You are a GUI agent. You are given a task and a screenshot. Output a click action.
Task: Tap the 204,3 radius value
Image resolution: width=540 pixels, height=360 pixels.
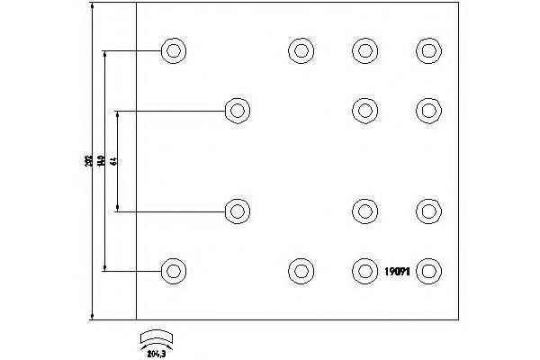pos(157,352)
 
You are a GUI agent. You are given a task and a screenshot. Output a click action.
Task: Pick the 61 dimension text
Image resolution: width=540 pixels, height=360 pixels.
pos(113,161)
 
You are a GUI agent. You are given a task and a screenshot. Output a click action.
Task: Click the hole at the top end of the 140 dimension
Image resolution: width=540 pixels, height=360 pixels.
pos(173,50)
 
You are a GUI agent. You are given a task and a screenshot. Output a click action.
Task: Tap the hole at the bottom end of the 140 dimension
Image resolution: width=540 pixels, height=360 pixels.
pos(173,269)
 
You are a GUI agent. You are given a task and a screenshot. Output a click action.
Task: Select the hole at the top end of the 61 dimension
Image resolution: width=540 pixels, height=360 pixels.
pos(237,111)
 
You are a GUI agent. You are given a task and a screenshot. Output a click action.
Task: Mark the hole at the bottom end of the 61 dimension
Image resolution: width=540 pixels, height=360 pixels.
pos(237,211)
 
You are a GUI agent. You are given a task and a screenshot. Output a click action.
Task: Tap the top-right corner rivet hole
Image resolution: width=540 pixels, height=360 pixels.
pos(429,50)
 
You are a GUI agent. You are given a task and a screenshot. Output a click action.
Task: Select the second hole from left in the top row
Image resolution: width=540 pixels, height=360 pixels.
pos(300,50)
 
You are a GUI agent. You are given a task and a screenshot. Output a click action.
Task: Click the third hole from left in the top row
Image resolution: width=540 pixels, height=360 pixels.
pos(364,50)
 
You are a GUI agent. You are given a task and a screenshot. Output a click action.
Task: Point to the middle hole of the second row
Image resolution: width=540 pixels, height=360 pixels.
pos(364,111)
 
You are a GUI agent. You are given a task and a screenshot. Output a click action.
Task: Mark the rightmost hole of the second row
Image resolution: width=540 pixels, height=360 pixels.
pos(429,111)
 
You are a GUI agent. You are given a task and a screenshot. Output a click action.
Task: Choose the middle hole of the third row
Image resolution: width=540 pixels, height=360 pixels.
pos(364,211)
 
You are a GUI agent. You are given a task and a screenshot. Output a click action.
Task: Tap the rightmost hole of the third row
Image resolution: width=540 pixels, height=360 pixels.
pos(429,211)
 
